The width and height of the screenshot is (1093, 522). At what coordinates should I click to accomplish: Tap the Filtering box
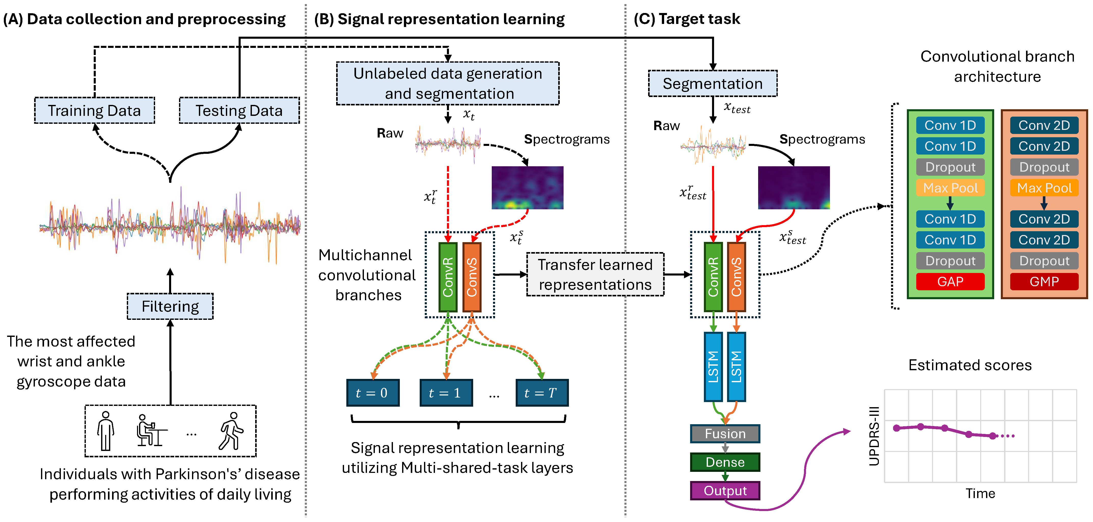170,306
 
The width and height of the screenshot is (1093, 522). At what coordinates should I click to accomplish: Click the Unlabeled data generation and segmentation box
448,84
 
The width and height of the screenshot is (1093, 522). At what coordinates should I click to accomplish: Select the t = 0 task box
373,393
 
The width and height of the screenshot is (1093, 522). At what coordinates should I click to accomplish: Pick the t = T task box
542,393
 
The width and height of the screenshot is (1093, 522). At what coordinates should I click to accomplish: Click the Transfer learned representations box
595,274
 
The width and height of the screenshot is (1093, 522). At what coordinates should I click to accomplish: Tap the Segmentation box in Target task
712,84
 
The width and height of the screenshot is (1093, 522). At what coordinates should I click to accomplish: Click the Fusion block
725,434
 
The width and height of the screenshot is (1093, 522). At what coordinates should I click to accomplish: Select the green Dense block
725,462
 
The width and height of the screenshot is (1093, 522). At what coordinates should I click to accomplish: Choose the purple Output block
725,491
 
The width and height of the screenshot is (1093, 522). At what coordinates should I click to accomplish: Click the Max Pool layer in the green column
950,188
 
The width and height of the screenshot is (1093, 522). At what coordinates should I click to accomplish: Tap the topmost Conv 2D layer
1044,126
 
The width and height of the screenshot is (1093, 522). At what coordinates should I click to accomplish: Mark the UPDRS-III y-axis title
874,436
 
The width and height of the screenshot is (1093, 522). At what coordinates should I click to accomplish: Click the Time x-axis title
980,493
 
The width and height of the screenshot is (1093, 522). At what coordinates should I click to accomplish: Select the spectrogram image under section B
527,188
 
